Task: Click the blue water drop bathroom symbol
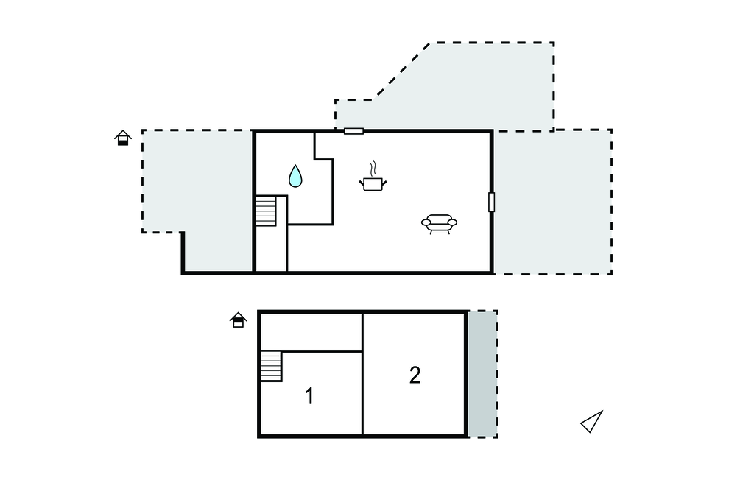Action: coord(295,176)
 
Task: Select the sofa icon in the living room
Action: coord(439,224)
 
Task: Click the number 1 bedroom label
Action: coord(310,396)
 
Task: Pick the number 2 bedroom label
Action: coord(415,375)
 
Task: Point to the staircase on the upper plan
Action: coord(265,211)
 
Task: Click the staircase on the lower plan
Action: coord(271,366)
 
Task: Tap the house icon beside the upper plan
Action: coord(123,138)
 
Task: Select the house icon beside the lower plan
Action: coord(239,320)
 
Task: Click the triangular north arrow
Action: coord(592,422)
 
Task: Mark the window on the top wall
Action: coord(353,131)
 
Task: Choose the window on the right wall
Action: coord(491,202)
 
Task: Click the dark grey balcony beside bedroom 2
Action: coord(482,374)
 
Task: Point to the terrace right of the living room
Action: coord(553,202)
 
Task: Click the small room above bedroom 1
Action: coord(311,332)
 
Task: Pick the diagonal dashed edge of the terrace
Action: coord(401,71)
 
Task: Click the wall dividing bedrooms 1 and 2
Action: coord(362,374)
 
